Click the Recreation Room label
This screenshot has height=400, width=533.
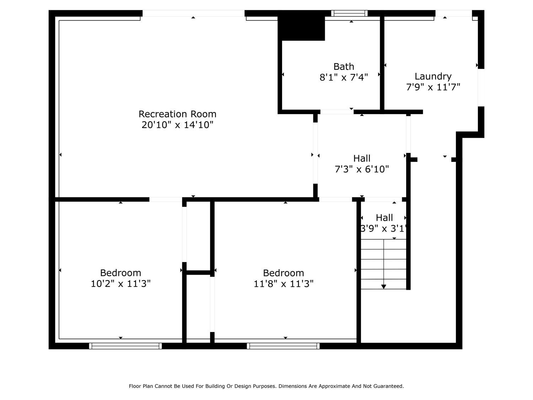point(177,114)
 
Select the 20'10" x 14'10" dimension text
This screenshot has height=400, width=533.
point(177,125)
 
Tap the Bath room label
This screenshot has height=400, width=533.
point(344,66)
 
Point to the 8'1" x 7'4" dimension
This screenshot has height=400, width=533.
point(344,77)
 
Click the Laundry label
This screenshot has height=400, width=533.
point(433,76)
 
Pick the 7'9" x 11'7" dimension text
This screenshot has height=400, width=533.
point(433,87)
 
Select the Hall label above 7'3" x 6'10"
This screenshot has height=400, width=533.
point(362,158)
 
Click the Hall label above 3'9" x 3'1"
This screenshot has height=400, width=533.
point(384,218)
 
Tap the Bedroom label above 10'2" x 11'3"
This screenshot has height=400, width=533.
point(120,273)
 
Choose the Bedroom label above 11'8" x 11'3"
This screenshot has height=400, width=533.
point(283,273)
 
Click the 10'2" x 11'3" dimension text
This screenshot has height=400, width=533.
point(120,284)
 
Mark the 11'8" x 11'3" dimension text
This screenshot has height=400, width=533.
point(283,284)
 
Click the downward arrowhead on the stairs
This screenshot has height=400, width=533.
point(384,286)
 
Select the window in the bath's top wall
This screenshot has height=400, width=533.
point(349,14)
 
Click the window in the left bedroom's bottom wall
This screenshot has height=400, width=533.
point(125,346)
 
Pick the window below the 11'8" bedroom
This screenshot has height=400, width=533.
point(283,346)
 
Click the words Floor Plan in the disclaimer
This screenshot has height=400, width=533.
point(141,386)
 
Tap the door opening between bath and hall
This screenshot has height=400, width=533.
point(337,112)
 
